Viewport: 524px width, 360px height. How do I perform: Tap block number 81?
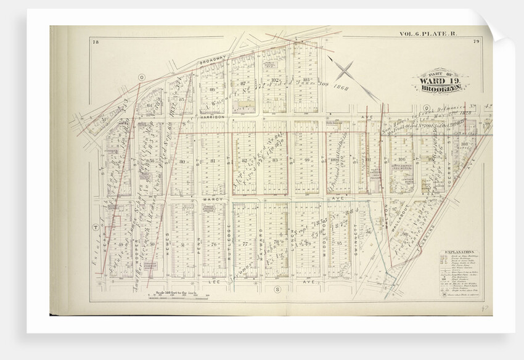(x=213, y=162)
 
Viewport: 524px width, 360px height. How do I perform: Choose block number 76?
(x=213, y=245)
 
